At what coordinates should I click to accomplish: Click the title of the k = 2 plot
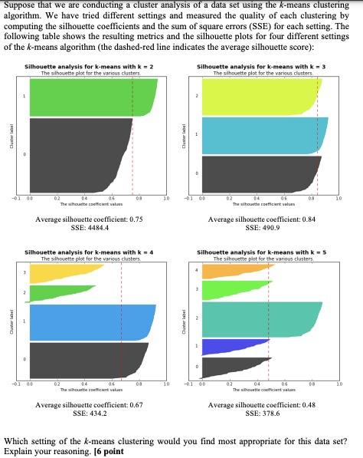click(x=90, y=68)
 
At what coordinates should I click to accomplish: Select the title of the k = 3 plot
click(x=263, y=68)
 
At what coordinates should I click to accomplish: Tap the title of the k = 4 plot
click(x=90, y=252)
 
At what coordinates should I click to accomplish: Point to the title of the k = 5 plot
click(x=263, y=252)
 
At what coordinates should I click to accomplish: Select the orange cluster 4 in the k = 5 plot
click(x=218, y=270)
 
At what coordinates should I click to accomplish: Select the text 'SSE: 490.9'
click(x=263, y=228)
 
